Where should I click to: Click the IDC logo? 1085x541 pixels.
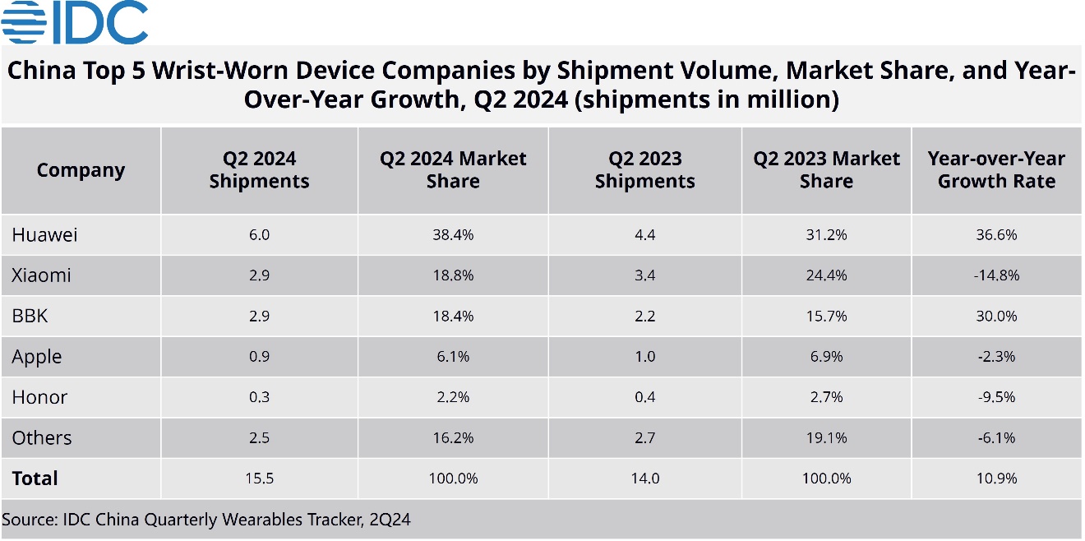coord(76,23)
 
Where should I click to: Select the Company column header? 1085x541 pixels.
coord(81,171)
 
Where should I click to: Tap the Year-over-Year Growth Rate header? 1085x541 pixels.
coord(996,170)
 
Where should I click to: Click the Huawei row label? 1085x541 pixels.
coord(45,235)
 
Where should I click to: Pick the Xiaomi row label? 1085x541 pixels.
coord(42,275)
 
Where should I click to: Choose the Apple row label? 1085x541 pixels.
coord(37,357)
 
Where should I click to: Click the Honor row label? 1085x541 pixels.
coord(39,397)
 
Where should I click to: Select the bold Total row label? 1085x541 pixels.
coord(35,479)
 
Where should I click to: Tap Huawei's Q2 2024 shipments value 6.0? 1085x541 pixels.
coord(259,235)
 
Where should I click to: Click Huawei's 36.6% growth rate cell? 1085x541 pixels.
coord(996,235)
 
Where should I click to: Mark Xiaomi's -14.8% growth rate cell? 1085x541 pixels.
coord(996,275)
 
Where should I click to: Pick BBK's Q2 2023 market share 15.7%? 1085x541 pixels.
coord(826,316)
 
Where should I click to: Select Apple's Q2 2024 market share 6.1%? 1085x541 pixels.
coord(452,357)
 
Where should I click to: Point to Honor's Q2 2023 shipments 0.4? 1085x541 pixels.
coord(644,397)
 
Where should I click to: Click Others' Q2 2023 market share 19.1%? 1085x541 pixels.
coord(826,437)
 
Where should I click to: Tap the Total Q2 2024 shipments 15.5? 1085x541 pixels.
coord(259,479)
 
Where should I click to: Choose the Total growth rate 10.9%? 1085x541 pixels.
coord(996,479)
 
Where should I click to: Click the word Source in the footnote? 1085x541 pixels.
coord(25,520)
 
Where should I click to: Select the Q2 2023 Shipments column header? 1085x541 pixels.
coord(644,170)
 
